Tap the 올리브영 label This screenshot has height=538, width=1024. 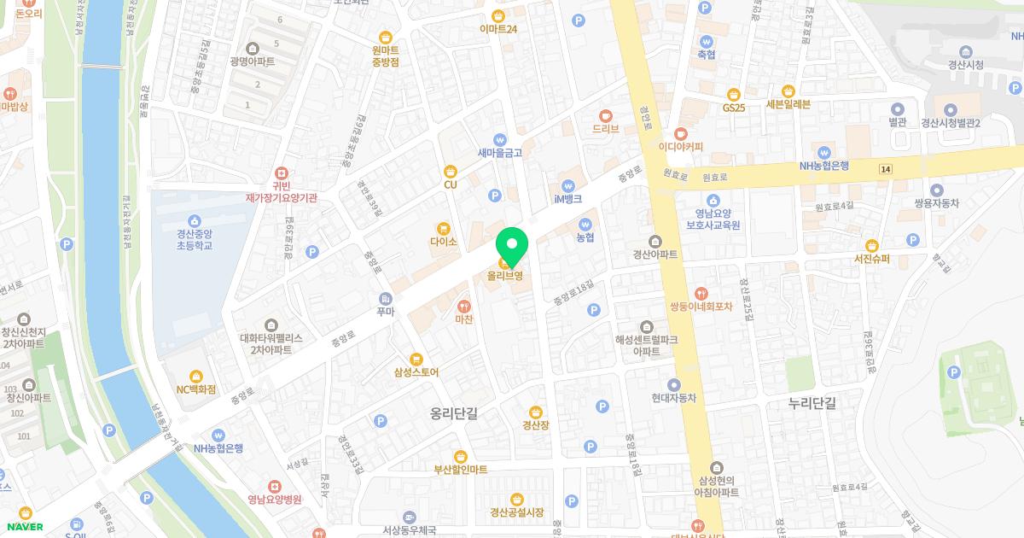(504, 276)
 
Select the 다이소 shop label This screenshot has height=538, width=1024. (444, 242)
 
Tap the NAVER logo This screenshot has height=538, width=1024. (24, 526)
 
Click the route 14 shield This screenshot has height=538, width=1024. (886, 170)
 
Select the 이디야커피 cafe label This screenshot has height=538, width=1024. (680, 146)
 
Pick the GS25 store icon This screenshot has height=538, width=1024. (733, 95)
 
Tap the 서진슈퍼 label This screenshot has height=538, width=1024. (871, 259)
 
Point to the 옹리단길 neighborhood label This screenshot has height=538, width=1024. (454, 413)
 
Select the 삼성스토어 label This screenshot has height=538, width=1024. (416, 372)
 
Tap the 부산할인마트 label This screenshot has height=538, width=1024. (461, 469)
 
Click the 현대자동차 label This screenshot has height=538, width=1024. (674, 398)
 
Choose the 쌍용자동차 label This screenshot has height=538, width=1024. (936, 203)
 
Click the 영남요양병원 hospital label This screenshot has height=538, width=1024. (275, 500)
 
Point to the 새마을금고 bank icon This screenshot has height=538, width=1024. (499, 140)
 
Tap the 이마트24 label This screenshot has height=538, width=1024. (499, 28)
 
